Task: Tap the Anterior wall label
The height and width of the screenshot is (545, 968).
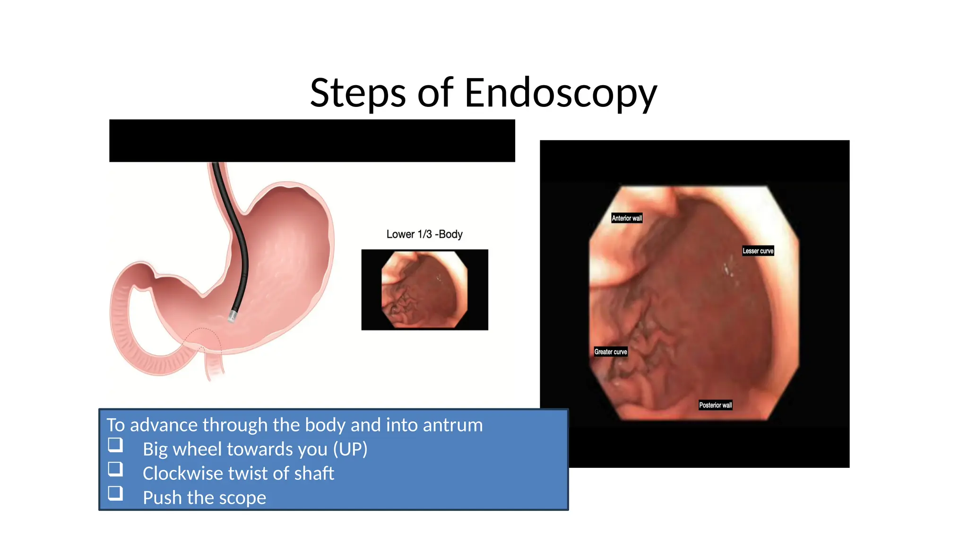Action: (x=627, y=218)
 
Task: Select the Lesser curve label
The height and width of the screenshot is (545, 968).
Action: (x=758, y=251)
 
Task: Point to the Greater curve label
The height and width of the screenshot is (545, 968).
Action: (x=611, y=352)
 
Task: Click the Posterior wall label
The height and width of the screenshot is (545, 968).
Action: (x=715, y=405)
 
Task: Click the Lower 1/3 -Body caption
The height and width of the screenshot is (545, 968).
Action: (x=424, y=234)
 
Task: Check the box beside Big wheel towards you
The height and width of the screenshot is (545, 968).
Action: (x=115, y=445)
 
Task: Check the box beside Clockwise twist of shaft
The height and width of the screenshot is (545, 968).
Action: (x=115, y=469)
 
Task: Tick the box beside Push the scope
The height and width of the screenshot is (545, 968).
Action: (x=115, y=493)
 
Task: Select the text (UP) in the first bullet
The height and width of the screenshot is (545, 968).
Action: (x=350, y=449)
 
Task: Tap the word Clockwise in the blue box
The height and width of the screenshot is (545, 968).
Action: (x=182, y=473)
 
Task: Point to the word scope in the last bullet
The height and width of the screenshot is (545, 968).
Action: (x=242, y=498)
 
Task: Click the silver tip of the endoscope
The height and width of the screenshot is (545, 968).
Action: (x=232, y=316)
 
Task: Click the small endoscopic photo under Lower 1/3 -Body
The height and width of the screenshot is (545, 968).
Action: (x=424, y=290)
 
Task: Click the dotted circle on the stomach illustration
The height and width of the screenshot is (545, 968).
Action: (x=202, y=340)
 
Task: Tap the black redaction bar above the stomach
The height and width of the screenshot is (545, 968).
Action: (x=312, y=141)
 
